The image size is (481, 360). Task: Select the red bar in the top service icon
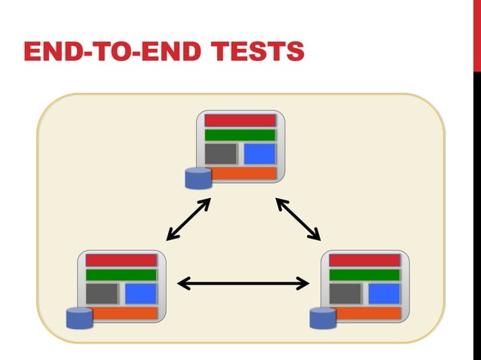click(240, 121)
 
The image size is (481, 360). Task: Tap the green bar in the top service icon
click(240, 136)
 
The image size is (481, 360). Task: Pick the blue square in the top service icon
click(259, 154)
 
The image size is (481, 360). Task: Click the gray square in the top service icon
click(221, 154)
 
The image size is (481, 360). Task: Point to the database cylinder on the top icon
click(198, 178)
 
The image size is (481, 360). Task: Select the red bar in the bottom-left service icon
click(121, 261)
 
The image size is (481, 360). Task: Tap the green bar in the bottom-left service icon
click(121, 275)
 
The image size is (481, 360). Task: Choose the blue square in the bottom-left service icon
click(140, 294)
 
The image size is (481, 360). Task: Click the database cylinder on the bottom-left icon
click(78, 319)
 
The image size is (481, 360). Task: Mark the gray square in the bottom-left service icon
click(102, 294)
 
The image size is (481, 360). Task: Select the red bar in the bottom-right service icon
click(365, 261)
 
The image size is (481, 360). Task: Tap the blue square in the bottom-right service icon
click(384, 294)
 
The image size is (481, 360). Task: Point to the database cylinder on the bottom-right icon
click(323, 319)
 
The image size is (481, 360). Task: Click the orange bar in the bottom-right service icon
click(369, 313)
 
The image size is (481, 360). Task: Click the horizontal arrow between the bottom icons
click(243, 283)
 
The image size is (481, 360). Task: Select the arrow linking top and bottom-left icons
click(188, 219)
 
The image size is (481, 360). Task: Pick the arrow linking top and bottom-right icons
click(298, 219)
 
